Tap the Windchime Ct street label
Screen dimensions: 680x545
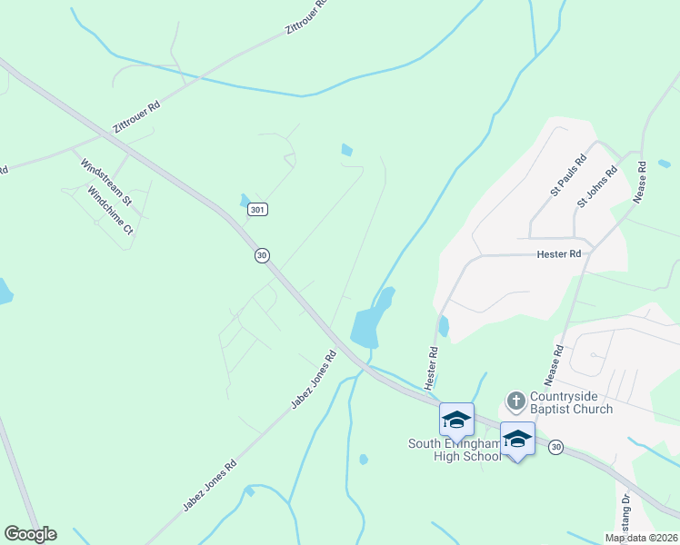tap(111, 212)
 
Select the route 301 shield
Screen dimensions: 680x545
tap(258, 210)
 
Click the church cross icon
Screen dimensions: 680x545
tap(515, 400)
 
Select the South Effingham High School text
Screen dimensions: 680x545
tap(454, 450)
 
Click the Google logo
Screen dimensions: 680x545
tap(30, 534)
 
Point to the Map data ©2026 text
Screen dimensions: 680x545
tap(641, 538)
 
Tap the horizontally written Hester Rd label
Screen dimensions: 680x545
tap(558, 255)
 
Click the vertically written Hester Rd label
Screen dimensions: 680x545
tap(433, 363)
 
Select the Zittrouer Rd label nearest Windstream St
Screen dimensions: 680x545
tap(136, 118)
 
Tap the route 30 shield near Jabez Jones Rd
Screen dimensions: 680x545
tap(262, 256)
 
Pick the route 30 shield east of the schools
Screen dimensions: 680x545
tap(556, 447)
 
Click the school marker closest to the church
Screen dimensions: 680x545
tap(517, 438)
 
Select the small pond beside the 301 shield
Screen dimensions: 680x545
tap(245, 199)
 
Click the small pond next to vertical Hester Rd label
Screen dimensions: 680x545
tap(444, 325)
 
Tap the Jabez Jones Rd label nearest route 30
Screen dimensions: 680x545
tap(314, 380)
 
